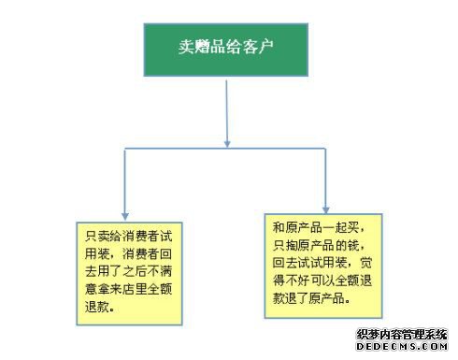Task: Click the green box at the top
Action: click(226, 50)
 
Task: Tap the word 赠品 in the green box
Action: click(210, 48)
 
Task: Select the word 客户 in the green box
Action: click(258, 48)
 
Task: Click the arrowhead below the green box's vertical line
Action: click(227, 143)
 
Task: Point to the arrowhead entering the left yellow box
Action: click(125, 216)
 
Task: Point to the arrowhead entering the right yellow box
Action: click(325, 209)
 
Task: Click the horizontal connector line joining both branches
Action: click(225, 149)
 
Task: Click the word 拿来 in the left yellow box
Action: click(110, 289)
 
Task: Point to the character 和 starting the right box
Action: click(279, 227)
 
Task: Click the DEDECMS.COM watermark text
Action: click(402, 346)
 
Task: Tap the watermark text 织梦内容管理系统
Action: click(402, 335)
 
